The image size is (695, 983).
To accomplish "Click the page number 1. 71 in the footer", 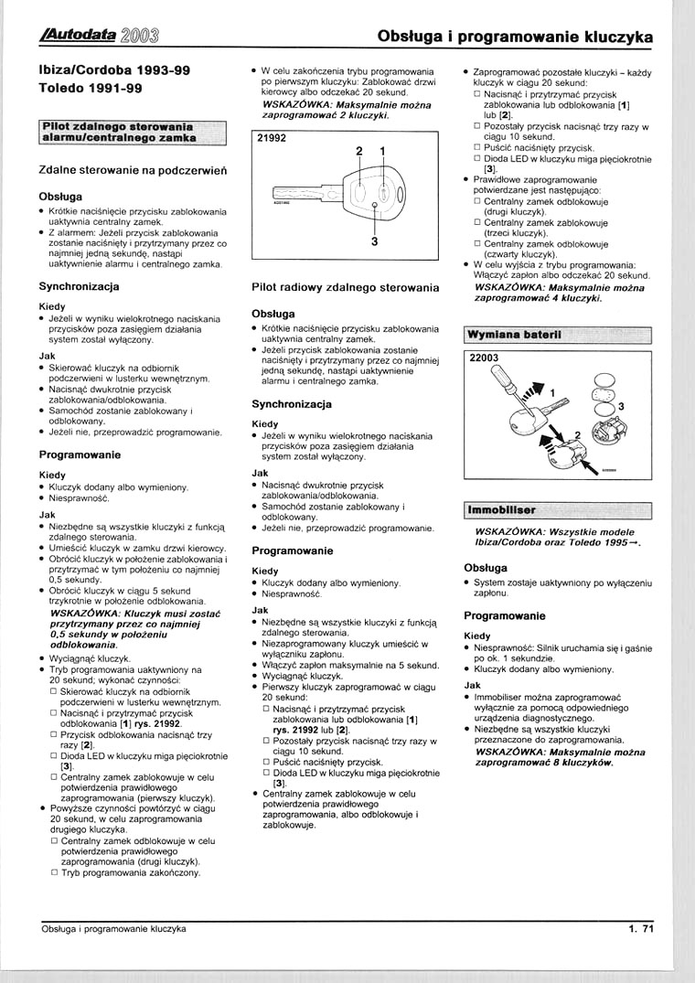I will pos(639,929).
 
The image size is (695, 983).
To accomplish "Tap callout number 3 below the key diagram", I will pos(375,241).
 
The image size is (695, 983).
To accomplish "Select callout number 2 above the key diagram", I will pos(359,150).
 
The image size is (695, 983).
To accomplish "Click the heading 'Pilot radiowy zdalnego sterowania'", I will pos(345,287).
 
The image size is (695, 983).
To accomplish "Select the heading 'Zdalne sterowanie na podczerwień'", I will pos(134,170).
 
